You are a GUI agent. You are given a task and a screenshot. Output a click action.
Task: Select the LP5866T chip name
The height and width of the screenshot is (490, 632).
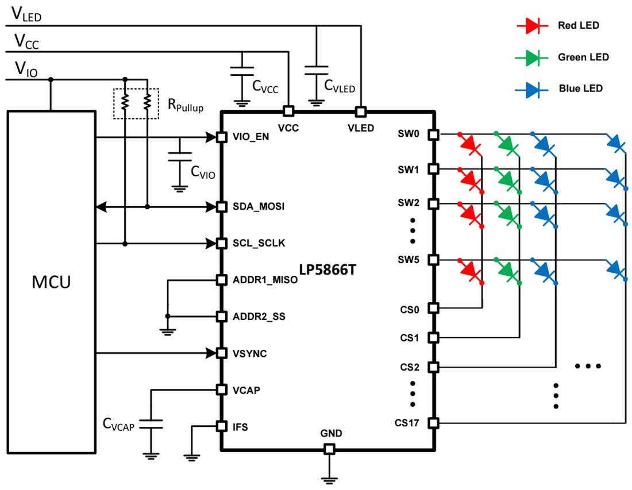pos(327,269)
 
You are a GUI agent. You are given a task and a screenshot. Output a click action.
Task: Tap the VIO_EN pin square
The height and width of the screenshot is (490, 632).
pos(220,137)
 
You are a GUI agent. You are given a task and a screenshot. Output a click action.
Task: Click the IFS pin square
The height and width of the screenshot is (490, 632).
pos(220,426)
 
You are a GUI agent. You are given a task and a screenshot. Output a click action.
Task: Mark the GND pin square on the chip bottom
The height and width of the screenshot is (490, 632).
pos(329,449)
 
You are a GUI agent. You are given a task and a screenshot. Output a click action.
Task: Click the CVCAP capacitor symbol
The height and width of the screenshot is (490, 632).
pos(151,424)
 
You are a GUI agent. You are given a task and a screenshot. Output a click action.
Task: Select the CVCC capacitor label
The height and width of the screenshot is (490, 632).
pos(265,87)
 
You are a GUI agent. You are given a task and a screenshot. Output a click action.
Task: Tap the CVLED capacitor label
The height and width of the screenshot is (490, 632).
pos(340,87)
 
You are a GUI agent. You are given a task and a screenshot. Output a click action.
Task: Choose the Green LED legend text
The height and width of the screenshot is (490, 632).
pos(583,57)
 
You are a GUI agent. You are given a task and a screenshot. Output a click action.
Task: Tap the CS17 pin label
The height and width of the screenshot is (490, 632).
pos(407,424)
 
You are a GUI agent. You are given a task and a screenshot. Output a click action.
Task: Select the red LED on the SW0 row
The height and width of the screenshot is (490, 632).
pos(471,144)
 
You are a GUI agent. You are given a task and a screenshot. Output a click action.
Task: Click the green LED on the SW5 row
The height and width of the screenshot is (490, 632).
pos(508,269)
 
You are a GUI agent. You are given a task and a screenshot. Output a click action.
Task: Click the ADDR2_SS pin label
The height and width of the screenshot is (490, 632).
pos(259,317)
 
